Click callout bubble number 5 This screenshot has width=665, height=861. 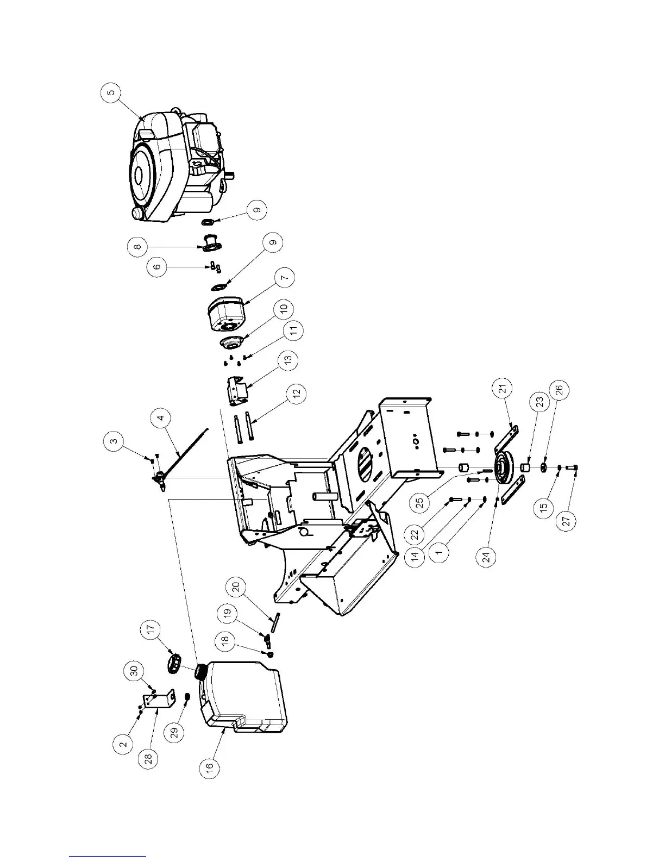coord(111,94)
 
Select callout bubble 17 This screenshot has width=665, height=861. coord(152,630)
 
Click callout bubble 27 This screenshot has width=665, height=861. coord(566,521)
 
